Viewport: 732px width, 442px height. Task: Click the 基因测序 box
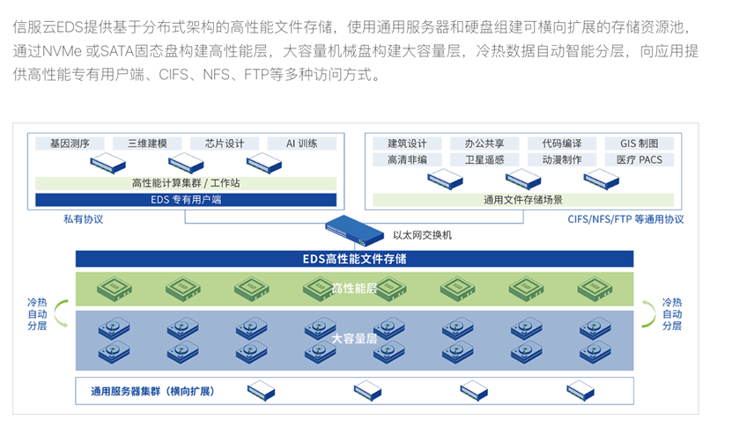(x=70, y=144)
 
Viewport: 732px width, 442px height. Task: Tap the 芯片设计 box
(x=225, y=144)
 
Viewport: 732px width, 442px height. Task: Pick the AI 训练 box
(x=302, y=144)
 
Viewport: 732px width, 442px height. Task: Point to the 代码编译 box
(x=561, y=144)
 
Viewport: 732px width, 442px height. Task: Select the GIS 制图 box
(x=639, y=144)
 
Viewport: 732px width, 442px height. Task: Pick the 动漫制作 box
(x=561, y=159)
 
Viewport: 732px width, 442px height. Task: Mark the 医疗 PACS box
(x=639, y=159)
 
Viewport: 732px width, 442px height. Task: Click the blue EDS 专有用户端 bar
(x=186, y=200)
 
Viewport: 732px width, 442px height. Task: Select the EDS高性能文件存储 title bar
(x=354, y=259)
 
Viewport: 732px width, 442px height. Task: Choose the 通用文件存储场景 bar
(x=523, y=200)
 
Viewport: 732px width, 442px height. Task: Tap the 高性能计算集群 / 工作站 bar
(x=186, y=183)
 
